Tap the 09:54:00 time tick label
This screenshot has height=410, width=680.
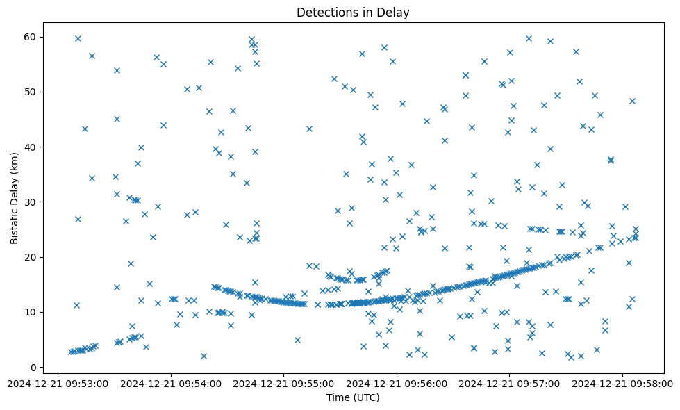click(x=172, y=383)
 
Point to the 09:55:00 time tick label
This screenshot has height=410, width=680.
click(x=284, y=383)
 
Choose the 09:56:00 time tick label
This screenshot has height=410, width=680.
click(x=397, y=383)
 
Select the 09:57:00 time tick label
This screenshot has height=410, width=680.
click(x=510, y=383)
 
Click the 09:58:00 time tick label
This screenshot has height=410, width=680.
click(x=623, y=383)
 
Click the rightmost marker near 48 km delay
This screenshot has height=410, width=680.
click(x=632, y=101)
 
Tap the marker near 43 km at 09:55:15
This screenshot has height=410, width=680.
click(x=309, y=129)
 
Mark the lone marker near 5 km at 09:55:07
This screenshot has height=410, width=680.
click(x=297, y=340)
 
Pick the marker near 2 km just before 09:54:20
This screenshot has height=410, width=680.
click(x=204, y=356)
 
